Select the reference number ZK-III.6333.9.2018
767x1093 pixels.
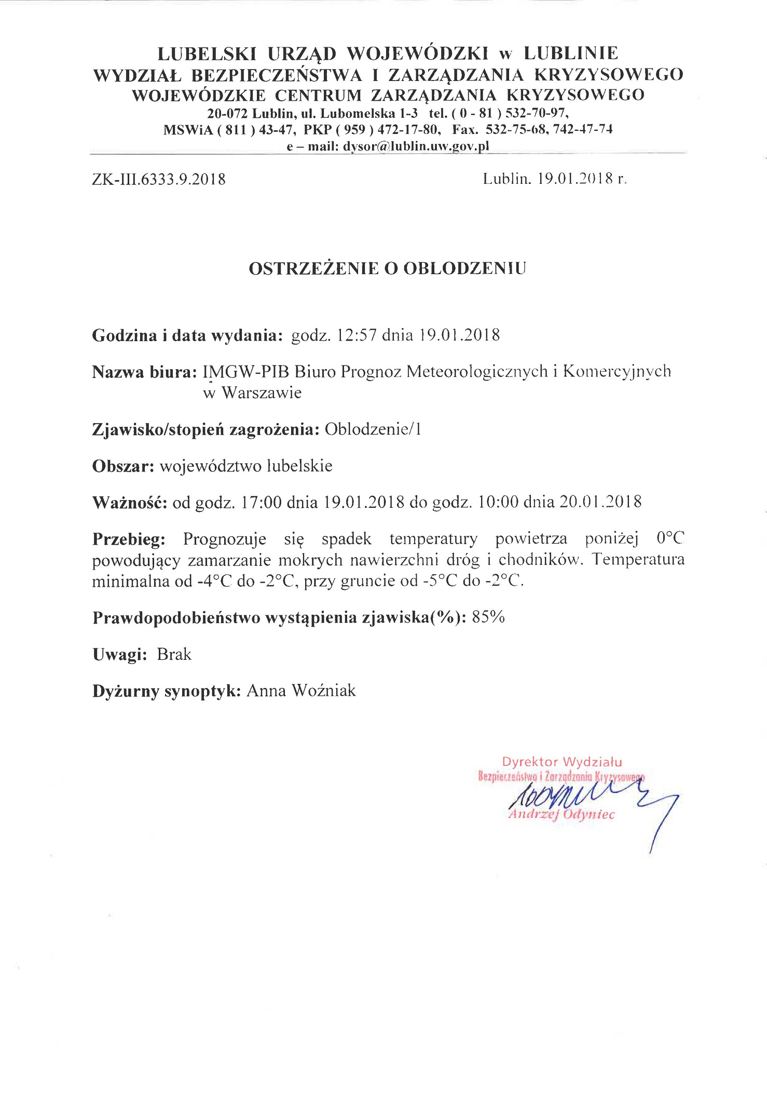click(159, 179)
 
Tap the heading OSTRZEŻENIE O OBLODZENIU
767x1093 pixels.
click(387, 268)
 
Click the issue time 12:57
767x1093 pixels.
click(356, 335)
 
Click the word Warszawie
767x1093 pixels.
click(262, 393)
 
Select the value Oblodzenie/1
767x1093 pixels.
click(373, 429)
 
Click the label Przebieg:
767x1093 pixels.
click(129, 539)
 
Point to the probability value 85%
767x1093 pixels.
click(488, 617)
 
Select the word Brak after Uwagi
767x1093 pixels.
click(174, 654)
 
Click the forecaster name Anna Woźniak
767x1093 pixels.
click(302, 691)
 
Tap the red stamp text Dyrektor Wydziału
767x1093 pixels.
click(561, 762)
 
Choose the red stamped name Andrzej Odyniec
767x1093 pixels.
click(561, 814)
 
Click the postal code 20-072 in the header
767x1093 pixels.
click(226, 113)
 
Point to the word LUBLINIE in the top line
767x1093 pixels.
click(571, 53)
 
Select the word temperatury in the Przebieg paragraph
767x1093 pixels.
click(433, 539)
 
